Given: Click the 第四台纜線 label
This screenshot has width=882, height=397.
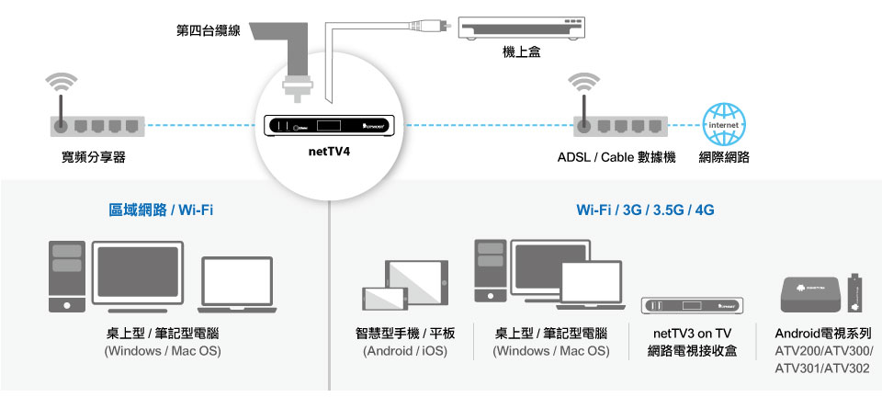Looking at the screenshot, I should [x=209, y=31].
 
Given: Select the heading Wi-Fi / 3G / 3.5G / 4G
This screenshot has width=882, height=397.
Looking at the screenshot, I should [x=645, y=210].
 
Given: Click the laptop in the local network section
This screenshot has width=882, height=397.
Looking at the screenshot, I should [x=237, y=284].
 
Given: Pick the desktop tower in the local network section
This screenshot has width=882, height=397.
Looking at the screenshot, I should [x=67, y=276].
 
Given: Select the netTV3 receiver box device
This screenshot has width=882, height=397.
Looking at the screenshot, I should [x=691, y=305].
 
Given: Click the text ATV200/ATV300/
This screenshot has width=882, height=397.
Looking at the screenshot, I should [x=823, y=351].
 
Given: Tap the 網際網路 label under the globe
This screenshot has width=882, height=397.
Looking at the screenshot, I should [x=724, y=158].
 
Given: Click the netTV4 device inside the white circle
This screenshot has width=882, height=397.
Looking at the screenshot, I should [x=330, y=124].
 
